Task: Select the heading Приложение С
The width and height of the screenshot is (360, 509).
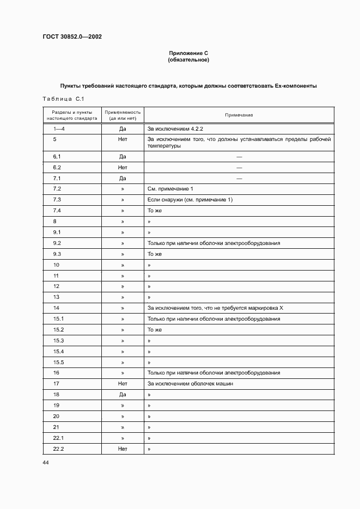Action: [188, 53]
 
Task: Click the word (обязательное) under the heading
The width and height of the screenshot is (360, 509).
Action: [188, 60]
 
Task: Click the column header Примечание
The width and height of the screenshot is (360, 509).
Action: [239, 115]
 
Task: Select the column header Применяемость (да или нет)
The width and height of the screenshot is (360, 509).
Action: [123, 115]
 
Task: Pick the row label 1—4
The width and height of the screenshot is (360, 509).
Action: [59, 129]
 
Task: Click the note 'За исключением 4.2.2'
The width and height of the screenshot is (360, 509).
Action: [175, 129]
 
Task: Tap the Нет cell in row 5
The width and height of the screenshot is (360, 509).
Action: [123, 139]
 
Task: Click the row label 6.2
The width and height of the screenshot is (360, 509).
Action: [57, 167]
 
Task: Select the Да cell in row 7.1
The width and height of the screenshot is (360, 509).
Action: [123, 178]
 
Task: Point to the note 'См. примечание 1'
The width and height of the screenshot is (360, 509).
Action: [170, 189]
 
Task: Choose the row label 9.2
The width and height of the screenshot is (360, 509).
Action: [57, 243]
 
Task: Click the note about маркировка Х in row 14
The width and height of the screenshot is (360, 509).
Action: [215, 308]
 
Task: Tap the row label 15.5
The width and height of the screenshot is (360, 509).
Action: [58, 362]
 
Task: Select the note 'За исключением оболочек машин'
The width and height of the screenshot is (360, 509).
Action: [190, 384]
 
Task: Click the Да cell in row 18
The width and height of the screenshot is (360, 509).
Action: [123, 395]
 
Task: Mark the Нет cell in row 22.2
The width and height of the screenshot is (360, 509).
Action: [123, 449]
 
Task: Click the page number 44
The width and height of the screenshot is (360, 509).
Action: [45, 462]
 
